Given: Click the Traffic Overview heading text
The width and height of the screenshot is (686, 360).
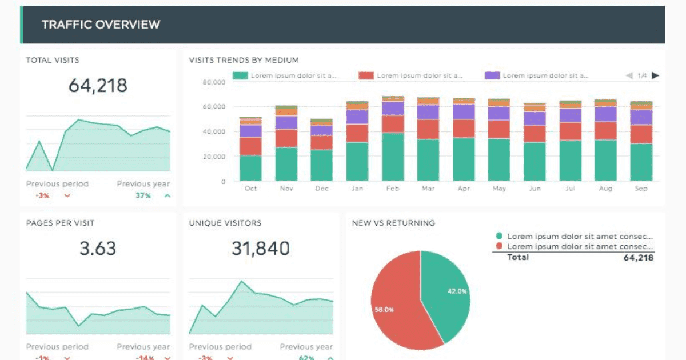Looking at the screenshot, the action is click(101, 25).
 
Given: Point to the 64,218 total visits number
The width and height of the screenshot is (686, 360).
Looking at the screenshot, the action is click(98, 85).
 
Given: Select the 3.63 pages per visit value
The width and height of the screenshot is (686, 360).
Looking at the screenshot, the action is click(98, 248).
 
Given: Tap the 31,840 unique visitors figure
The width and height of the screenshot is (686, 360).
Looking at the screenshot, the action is click(261, 248).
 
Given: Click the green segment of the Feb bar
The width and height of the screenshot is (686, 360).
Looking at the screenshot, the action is click(393, 157).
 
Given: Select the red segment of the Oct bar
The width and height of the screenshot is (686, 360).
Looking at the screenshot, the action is click(250, 146).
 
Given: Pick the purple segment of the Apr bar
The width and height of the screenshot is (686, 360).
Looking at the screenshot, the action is click(464, 112).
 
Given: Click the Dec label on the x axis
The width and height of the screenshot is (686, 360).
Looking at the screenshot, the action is click(321, 189).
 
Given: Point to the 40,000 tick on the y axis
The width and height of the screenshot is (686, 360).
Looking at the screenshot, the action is click(214, 131).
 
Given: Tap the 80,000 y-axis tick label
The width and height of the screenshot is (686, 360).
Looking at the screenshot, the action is click(214, 82).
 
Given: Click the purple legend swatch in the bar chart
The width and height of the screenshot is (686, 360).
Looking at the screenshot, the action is click(492, 75).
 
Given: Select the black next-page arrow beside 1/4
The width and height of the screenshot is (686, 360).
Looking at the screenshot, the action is click(655, 75).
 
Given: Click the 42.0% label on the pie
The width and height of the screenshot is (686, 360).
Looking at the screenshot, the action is click(457, 291).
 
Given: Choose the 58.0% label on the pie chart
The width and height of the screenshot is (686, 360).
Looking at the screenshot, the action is click(384, 310).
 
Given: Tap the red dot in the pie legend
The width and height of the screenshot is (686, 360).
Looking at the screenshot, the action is click(499, 246).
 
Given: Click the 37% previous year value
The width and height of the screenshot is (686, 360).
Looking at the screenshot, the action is click(143, 195).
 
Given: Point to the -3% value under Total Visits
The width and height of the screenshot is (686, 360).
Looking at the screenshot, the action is click(42, 195).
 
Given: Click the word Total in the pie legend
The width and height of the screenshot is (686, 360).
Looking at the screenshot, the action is click(518, 257).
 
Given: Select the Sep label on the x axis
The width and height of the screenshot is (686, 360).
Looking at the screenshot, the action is click(641, 189).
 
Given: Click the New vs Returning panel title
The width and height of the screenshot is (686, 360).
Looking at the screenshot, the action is click(393, 223).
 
